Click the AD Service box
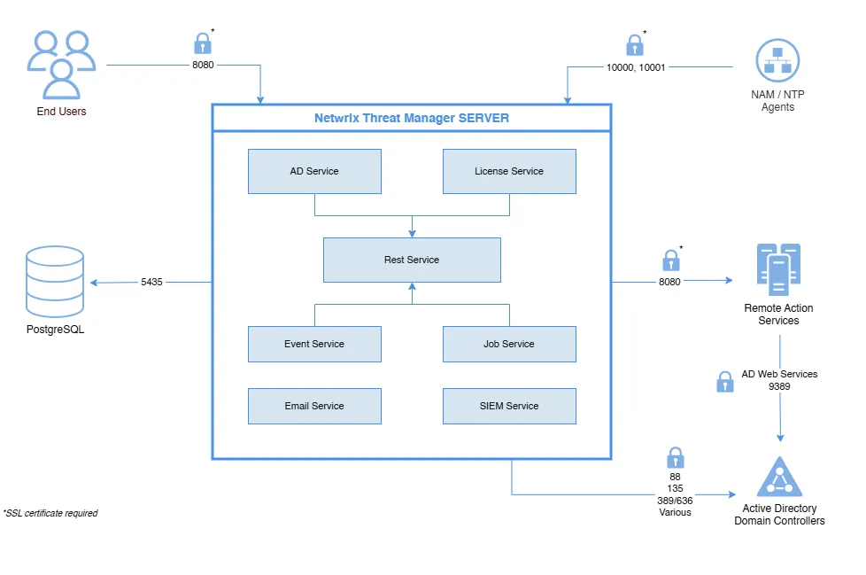coord(314,171)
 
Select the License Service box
coord(509,171)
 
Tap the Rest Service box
coord(412,260)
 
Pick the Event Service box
coord(314,344)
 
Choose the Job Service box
coord(509,344)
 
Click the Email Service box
coord(314,406)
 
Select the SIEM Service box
coord(509,406)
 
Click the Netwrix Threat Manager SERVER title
coord(412,118)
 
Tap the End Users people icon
coord(61,64)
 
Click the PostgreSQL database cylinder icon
coord(55,282)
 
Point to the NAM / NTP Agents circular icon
coord(777,61)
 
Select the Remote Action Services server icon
coord(778,269)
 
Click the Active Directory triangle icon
coord(779,478)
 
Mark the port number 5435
coord(151,282)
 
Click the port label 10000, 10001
coord(636,67)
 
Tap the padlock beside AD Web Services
coord(724,381)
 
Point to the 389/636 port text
coord(675,500)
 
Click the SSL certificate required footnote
coord(50,513)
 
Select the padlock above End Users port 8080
coord(203,43)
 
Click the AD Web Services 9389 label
coord(779,380)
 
